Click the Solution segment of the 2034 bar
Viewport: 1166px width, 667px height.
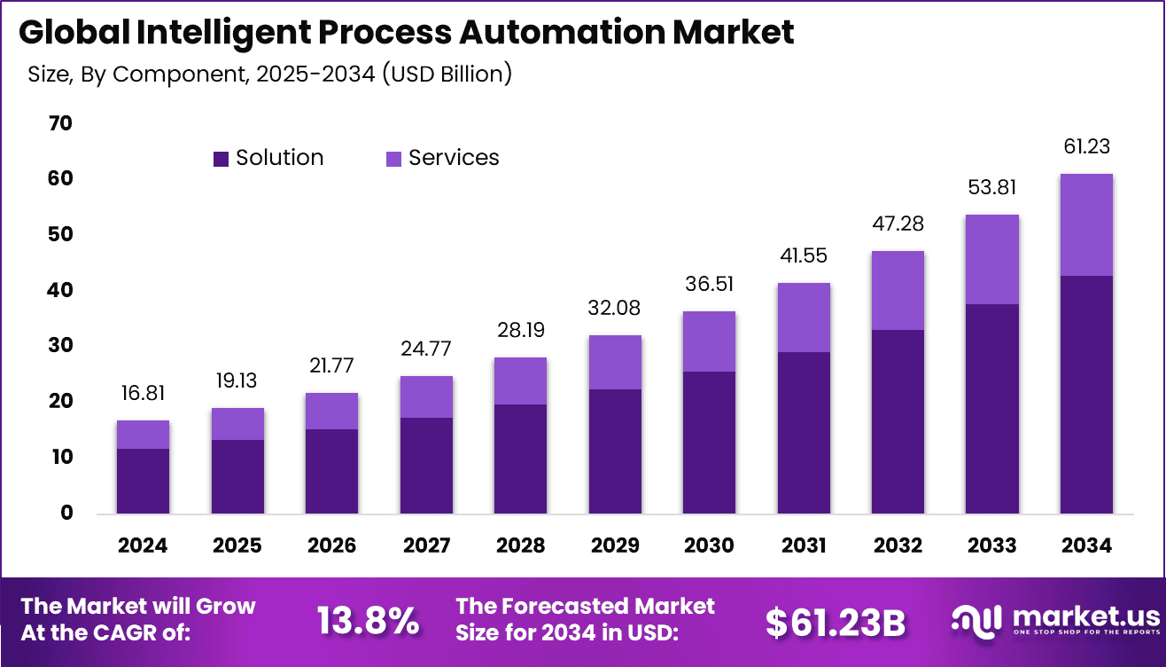1086,395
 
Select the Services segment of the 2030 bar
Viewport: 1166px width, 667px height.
709,341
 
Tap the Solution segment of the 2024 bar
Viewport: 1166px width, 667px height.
143,481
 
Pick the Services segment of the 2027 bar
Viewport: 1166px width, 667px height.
426,396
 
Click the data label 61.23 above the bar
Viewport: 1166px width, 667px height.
1086,146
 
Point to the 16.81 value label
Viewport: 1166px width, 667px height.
143,393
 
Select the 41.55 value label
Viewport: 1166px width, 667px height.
804,255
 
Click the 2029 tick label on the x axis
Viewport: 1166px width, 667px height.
615,545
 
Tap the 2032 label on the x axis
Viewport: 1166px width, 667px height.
898,545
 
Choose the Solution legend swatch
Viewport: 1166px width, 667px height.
221,159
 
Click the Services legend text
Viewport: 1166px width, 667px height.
454,158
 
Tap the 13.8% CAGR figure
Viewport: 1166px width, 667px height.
368,622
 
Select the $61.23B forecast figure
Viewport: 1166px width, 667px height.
836,623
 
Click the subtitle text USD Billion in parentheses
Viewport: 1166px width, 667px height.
447,74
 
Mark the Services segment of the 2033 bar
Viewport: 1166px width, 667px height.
991,259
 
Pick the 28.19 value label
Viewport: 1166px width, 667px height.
520,330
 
